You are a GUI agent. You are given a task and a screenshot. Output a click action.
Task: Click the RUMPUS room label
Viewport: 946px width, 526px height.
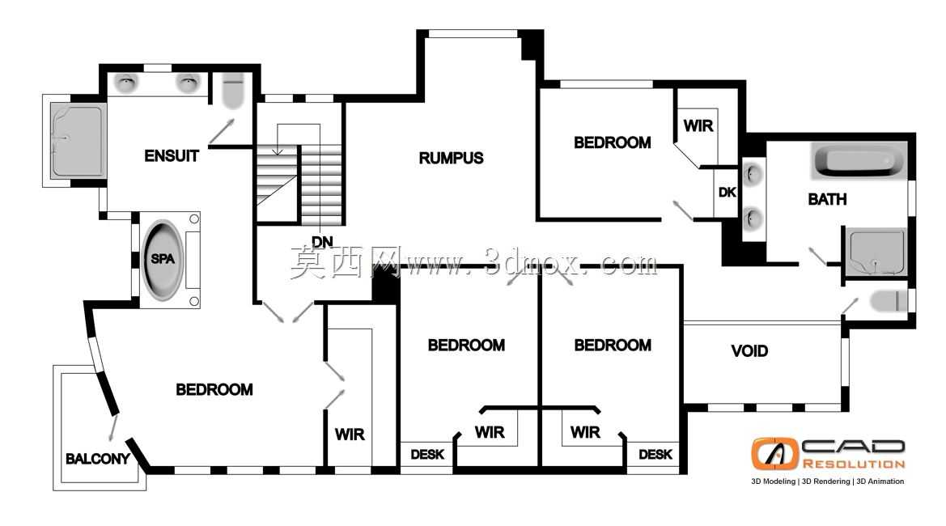point(452,158)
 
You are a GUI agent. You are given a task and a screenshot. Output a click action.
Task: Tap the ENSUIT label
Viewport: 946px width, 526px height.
point(172,156)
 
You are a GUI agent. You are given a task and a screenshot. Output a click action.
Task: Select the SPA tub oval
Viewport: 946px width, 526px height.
point(163,260)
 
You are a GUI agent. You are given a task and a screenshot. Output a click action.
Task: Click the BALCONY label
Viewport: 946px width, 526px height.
point(98,459)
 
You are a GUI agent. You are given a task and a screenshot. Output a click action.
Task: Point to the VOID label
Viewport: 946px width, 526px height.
point(749,351)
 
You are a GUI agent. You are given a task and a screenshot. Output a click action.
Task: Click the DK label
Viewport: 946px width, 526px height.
point(727,193)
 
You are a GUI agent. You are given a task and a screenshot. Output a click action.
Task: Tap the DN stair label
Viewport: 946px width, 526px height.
point(322,242)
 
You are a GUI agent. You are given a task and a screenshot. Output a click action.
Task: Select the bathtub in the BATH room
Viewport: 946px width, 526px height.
point(859,160)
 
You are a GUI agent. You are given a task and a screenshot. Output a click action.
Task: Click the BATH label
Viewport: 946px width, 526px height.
point(827,199)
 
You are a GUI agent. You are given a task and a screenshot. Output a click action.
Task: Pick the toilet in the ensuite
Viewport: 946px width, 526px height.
point(232,91)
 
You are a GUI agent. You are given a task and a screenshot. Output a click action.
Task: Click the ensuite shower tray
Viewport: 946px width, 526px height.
point(77,141)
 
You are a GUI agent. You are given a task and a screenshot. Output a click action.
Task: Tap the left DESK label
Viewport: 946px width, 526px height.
point(427,454)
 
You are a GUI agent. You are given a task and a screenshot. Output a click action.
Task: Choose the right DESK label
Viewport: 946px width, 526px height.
point(655,454)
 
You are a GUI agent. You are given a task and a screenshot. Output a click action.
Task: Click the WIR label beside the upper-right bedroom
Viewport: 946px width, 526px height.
point(698,126)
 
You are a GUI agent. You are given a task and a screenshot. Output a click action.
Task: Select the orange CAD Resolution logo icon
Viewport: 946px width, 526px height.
point(774,454)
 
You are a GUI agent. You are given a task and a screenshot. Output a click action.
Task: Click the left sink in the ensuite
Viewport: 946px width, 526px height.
point(127,83)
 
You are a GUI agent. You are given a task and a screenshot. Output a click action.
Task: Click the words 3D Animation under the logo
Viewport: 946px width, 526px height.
point(880,481)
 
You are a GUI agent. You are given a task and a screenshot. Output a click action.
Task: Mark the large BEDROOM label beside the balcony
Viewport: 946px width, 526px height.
point(214,390)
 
